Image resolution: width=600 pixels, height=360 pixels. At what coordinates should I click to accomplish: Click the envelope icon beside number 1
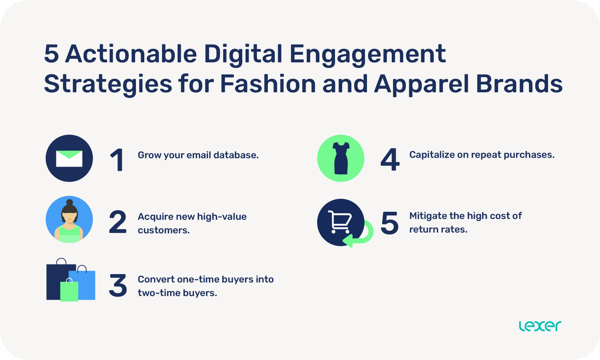69,158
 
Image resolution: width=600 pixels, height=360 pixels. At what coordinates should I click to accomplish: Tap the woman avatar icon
69,220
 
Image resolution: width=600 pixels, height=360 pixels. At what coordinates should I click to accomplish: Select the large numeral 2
118,223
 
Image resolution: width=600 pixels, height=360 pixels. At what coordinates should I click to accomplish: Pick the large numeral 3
118,286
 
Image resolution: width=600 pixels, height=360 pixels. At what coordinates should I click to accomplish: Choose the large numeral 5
390,223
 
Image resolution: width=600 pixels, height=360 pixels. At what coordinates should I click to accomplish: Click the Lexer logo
540,326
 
